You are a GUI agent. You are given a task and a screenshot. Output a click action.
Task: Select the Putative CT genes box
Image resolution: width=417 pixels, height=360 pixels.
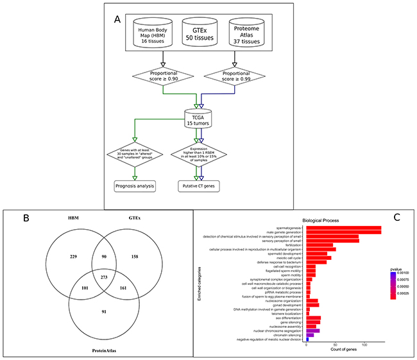[x=200, y=187]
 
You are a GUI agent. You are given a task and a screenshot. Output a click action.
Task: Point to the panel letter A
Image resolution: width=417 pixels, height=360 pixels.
[x=117, y=19]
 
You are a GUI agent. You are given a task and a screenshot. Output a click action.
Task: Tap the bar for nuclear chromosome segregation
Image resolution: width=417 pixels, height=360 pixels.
[x=312, y=330]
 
